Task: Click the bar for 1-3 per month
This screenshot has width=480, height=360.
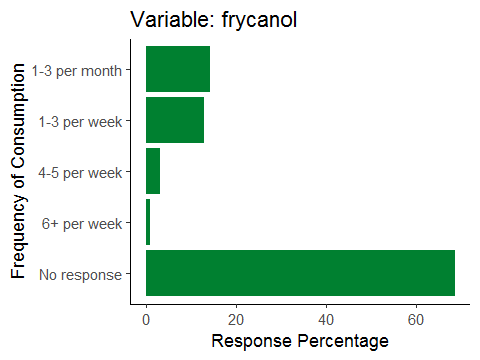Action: (178, 69)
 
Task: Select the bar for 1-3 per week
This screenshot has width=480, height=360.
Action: (175, 120)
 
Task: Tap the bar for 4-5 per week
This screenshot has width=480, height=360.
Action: (153, 171)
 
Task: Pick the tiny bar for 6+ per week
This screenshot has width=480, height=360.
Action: (148, 222)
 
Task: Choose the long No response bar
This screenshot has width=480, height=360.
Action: (300, 273)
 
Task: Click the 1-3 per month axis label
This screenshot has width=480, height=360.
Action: (77, 71)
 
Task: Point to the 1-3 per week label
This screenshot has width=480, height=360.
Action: (80, 122)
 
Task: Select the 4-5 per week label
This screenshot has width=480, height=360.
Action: (80, 173)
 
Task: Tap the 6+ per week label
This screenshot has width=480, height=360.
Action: (82, 224)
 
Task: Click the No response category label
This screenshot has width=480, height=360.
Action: (81, 275)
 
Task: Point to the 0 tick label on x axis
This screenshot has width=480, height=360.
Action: (146, 320)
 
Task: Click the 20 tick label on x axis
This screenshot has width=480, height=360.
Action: (236, 320)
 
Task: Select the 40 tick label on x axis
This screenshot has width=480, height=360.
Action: (326, 320)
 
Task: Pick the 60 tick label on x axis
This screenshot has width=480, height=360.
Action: (416, 320)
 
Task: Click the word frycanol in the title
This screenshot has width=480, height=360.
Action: (259, 20)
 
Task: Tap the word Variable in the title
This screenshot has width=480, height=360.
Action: (173, 19)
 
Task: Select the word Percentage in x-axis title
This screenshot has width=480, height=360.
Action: (343, 342)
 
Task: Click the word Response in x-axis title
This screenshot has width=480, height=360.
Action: (252, 342)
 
